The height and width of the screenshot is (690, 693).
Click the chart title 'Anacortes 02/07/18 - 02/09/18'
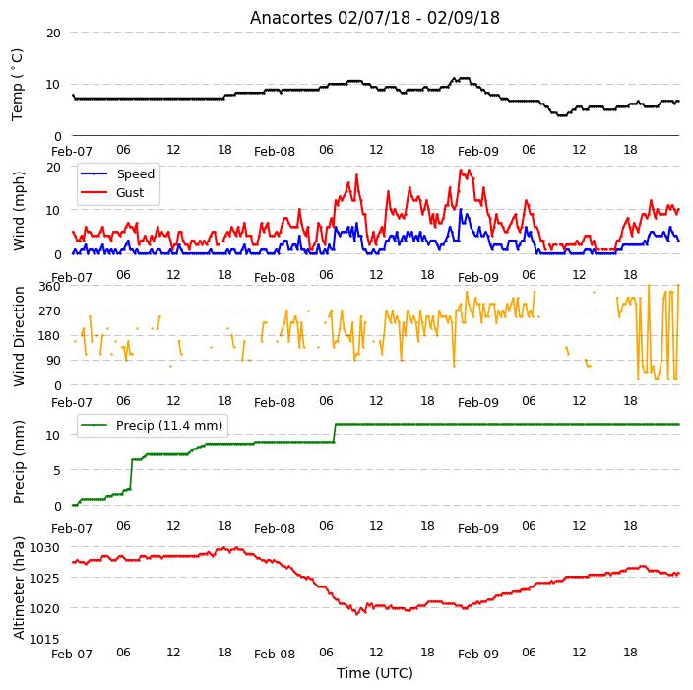click(375, 18)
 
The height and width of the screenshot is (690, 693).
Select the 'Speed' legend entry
click(117, 173)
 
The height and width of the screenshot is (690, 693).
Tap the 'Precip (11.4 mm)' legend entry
click(152, 425)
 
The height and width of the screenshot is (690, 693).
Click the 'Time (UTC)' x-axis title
click(375, 673)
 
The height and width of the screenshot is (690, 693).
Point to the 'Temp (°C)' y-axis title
click(17, 85)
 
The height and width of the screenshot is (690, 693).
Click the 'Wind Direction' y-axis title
click(19, 337)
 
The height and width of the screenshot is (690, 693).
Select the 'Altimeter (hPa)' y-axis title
click(19, 587)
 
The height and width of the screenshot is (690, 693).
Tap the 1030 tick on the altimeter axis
click(44, 548)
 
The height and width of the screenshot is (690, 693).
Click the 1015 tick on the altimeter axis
click(44, 639)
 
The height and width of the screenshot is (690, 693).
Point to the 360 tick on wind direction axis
click(49, 287)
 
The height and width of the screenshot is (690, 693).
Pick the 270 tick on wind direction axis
click(49, 311)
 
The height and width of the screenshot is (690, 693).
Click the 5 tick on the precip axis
click(57, 470)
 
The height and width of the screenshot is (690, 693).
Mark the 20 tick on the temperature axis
click(53, 34)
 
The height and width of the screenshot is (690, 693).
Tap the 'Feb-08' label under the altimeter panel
click(275, 655)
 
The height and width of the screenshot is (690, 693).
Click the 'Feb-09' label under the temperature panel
click(478, 152)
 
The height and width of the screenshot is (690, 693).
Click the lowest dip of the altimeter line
click(357, 614)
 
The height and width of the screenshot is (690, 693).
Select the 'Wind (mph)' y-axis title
click(19, 211)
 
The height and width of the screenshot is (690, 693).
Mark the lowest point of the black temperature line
click(562, 115)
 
